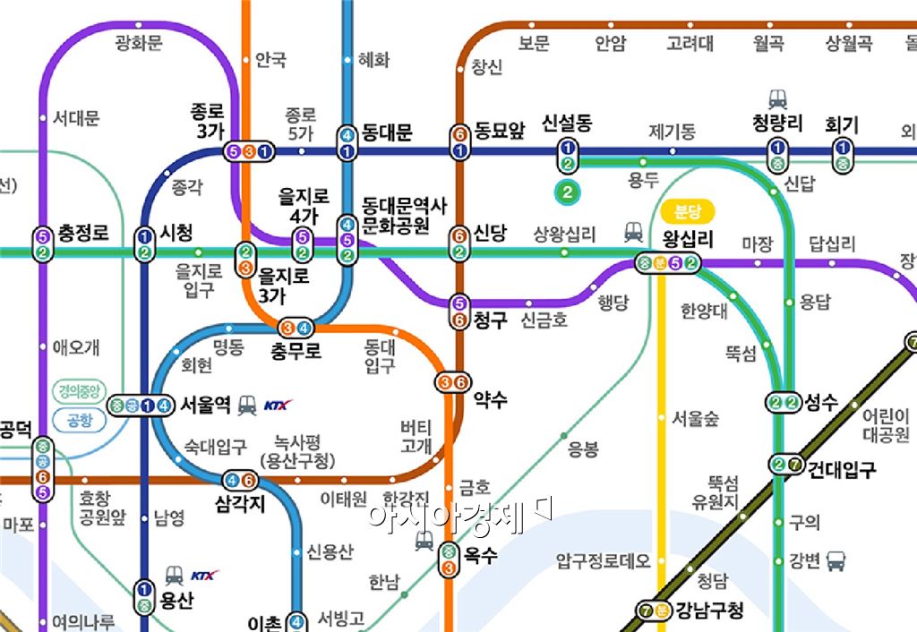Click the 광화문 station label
tap(140, 42)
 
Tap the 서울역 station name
tap(208, 405)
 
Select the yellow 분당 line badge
tap(688, 212)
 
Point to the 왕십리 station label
tap(688, 239)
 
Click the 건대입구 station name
tap(841, 468)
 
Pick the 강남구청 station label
tap(710, 611)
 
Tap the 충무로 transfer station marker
tap(296, 329)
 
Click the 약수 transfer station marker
tap(453, 382)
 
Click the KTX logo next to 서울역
tap(279, 406)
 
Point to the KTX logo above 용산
tap(205, 575)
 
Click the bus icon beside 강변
tap(836, 561)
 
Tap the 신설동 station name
tap(567, 124)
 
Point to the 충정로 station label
tap(83, 233)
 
